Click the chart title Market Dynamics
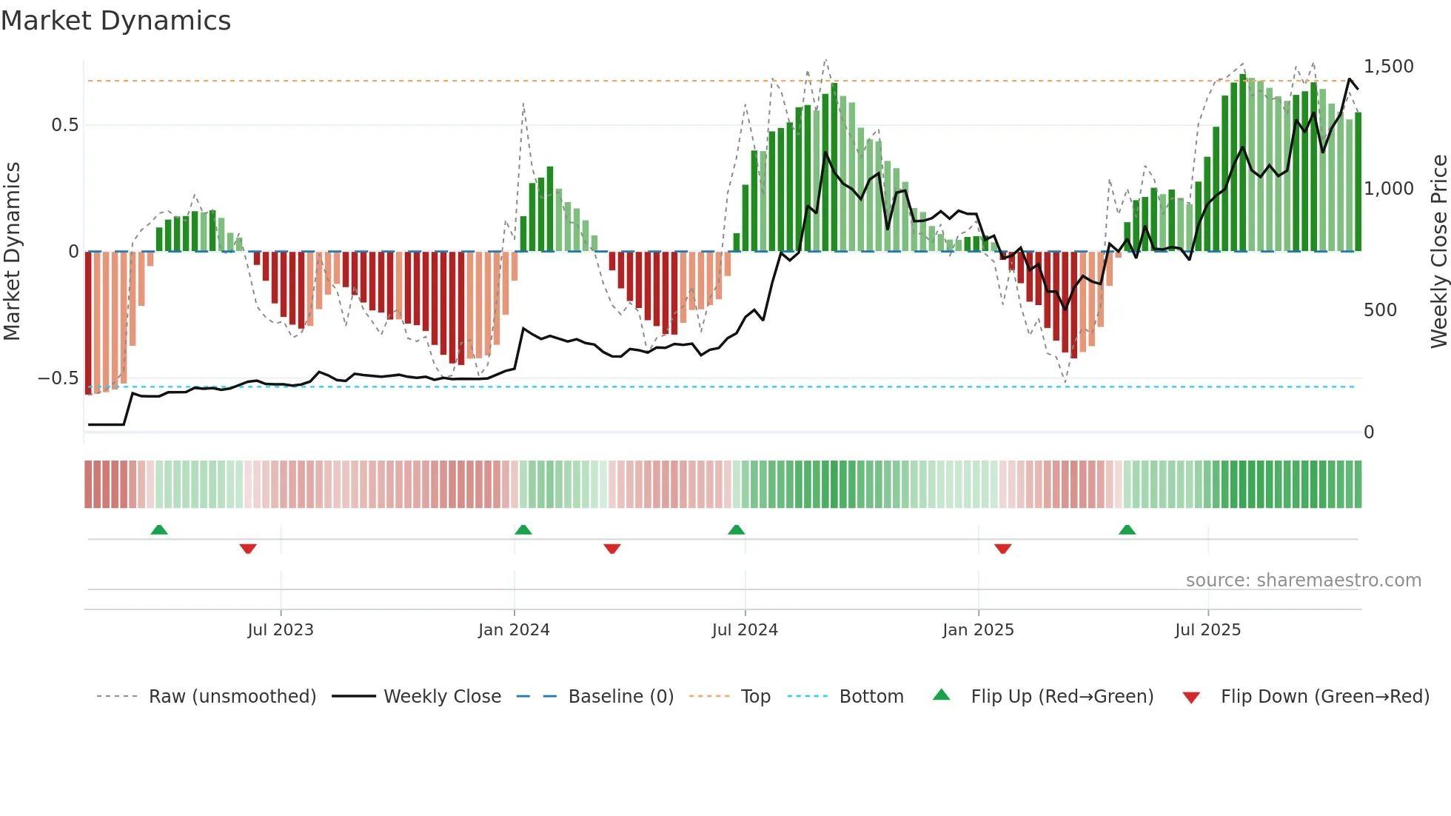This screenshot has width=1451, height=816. click(115, 21)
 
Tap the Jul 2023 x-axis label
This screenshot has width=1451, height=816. click(281, 630)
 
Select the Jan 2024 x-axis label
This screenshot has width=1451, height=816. click(514, 630)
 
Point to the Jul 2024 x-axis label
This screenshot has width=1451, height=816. click(745, 630)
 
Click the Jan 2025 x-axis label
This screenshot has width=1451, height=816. click(978, 630)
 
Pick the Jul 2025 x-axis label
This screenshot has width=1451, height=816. click(1207, 630)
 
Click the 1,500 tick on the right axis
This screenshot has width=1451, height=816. click(1388, 67)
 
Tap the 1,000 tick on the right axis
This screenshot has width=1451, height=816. click(1388, 189)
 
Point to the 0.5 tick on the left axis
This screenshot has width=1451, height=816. click(64, 125)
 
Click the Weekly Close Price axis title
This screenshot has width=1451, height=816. click(1438, 251)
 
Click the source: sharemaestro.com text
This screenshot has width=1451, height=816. click(1303, 581)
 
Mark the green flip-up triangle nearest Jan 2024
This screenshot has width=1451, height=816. click(523, 530)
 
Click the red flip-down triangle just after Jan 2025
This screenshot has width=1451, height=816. click(1003, 549)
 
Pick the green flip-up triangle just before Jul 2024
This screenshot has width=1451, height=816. click(736, 530)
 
